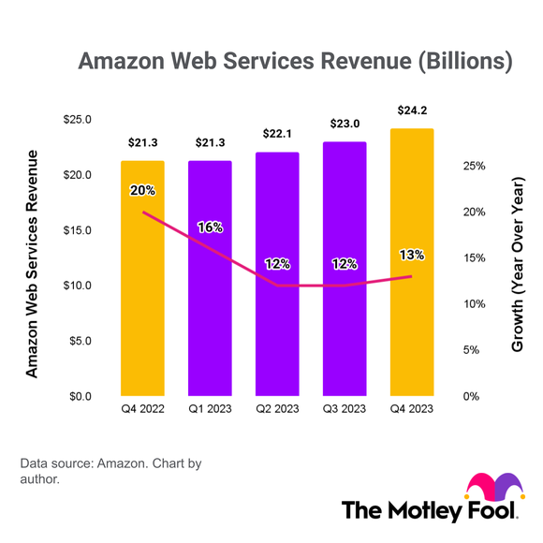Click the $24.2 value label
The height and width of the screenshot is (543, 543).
412,110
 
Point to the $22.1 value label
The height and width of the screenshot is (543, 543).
277,134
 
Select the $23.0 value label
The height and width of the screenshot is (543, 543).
345,124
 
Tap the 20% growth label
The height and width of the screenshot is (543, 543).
142,190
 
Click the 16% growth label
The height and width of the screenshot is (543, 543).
211,227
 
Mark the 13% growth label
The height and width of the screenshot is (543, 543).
412,254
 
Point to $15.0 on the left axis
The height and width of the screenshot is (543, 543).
78,230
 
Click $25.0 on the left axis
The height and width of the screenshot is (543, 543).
78,120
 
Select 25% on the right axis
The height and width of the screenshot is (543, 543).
473,166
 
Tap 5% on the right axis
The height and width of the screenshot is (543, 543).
473,350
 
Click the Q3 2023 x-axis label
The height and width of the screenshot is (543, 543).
345,408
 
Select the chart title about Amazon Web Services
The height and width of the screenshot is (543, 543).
295,62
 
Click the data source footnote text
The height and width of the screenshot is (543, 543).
110,471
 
